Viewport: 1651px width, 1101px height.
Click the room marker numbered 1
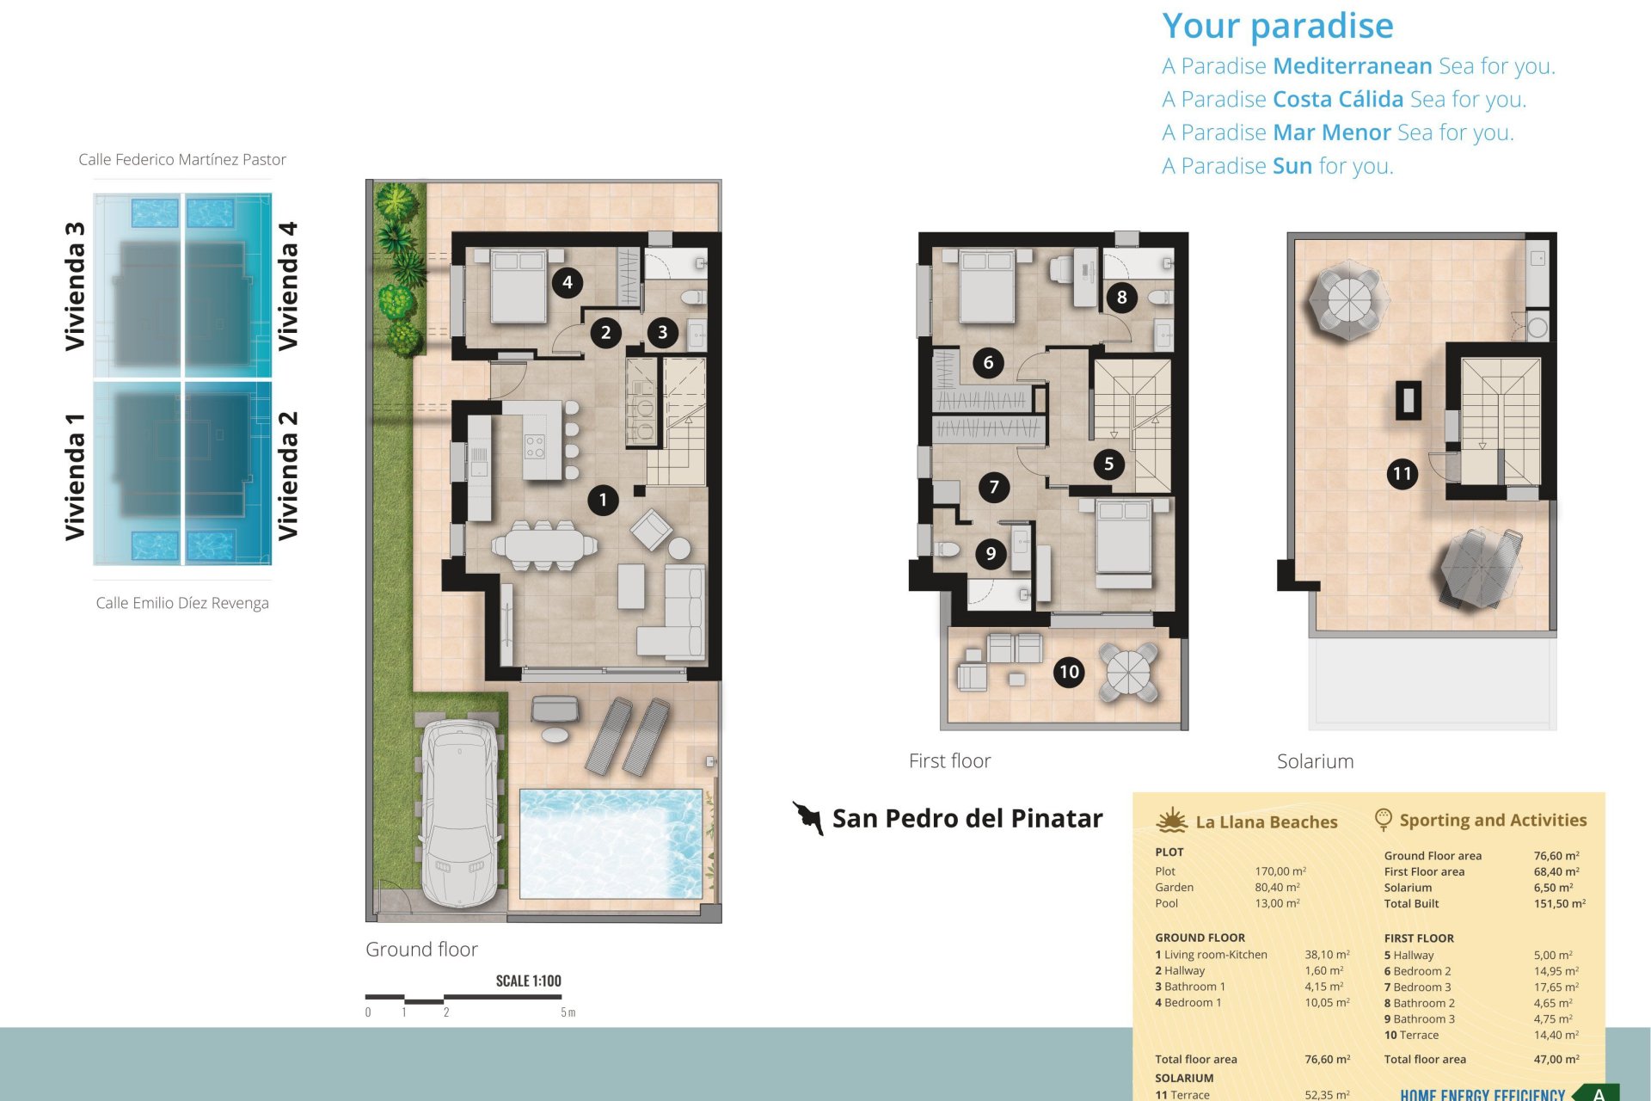[603, 500]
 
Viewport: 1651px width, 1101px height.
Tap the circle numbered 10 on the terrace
[1069, 672]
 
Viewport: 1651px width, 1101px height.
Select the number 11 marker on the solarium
[1402, 473]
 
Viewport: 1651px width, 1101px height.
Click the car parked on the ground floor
[461, 813]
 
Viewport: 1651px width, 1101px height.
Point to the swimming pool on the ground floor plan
[611, 844]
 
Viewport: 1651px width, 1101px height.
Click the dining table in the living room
[544, 545]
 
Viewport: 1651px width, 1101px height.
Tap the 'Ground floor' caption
[421, 949]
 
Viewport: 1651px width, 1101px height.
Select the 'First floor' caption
[949, 760]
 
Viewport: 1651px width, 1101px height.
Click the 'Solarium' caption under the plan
[1315, 761]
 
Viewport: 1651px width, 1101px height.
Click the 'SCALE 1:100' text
[528, 981]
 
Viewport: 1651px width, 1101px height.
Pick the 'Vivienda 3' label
[75, 286]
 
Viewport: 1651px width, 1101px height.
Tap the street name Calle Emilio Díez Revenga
[182, 603]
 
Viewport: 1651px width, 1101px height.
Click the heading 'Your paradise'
[1278, 26]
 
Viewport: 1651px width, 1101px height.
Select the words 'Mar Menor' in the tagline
[1332, 132]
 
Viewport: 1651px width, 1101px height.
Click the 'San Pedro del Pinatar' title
[967, 818]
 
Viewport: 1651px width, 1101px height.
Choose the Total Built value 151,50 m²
[1560, 903]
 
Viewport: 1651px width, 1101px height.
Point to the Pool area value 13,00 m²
[1277, 903]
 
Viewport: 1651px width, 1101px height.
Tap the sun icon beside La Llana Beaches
[1172, 821]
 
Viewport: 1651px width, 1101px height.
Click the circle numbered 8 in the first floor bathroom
[1121, 298]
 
